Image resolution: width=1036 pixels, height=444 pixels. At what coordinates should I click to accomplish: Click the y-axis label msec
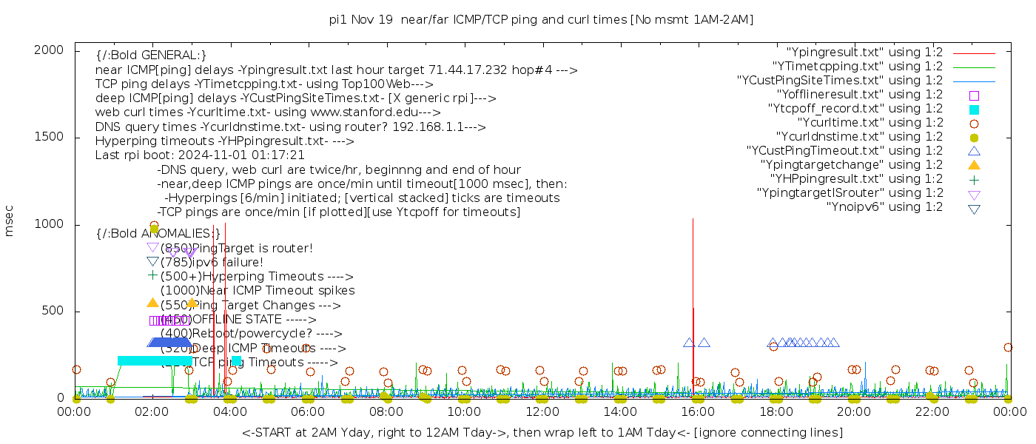tap(10, 221)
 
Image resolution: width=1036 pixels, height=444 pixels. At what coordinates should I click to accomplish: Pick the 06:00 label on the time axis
tap(308, 412)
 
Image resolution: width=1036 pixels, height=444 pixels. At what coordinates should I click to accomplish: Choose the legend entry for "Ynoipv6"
tap(884, 207)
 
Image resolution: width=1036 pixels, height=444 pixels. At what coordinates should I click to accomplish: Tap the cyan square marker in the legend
tap(974, 110)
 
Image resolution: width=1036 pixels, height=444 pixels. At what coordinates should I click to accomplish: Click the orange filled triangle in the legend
tap(974, 165)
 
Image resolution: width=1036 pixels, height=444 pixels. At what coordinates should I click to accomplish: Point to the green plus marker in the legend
tap(974, 179)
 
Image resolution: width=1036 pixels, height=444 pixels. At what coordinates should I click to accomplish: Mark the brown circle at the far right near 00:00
tap(1008, 347)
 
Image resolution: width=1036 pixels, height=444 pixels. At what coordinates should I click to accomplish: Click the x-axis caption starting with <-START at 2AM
tap(542, 432)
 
